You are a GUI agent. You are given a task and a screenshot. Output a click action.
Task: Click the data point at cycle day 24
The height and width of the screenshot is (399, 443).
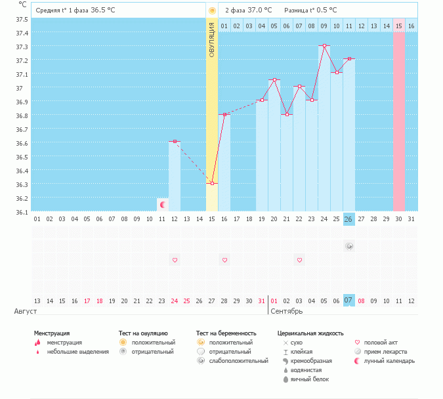tap(324, 46)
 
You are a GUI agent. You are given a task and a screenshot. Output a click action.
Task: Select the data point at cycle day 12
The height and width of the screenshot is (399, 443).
tap(175, 142)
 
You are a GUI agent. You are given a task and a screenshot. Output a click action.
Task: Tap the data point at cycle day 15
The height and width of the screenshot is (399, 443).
tap(211, 183)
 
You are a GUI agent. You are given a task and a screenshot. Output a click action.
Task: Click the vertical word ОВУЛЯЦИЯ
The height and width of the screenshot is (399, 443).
tap(211, 39)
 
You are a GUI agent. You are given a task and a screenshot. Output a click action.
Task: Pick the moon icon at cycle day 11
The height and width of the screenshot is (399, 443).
tap(162, 205)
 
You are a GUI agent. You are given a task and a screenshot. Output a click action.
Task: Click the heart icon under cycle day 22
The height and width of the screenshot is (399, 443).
tap(299, 261)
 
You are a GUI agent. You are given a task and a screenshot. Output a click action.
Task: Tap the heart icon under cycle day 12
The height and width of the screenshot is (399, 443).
tap(175, 261)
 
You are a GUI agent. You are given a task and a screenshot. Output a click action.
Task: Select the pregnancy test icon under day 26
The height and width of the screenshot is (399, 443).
tap(349, 246)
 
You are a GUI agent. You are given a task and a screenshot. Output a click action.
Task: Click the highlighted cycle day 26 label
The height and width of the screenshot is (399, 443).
tap(349, 219)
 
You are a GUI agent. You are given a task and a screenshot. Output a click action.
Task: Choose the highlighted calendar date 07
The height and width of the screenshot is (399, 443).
tap(349, 301)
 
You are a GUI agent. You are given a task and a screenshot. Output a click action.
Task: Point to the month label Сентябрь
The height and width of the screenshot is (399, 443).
tap(286, 311)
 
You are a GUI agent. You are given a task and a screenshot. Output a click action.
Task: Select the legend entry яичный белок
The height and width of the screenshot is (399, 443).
tap(310, 379)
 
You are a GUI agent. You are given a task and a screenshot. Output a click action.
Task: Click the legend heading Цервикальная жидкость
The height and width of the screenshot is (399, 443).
tap(310, 333)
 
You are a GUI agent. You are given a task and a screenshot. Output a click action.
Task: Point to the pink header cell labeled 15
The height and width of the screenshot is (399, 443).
tap(399, 26)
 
